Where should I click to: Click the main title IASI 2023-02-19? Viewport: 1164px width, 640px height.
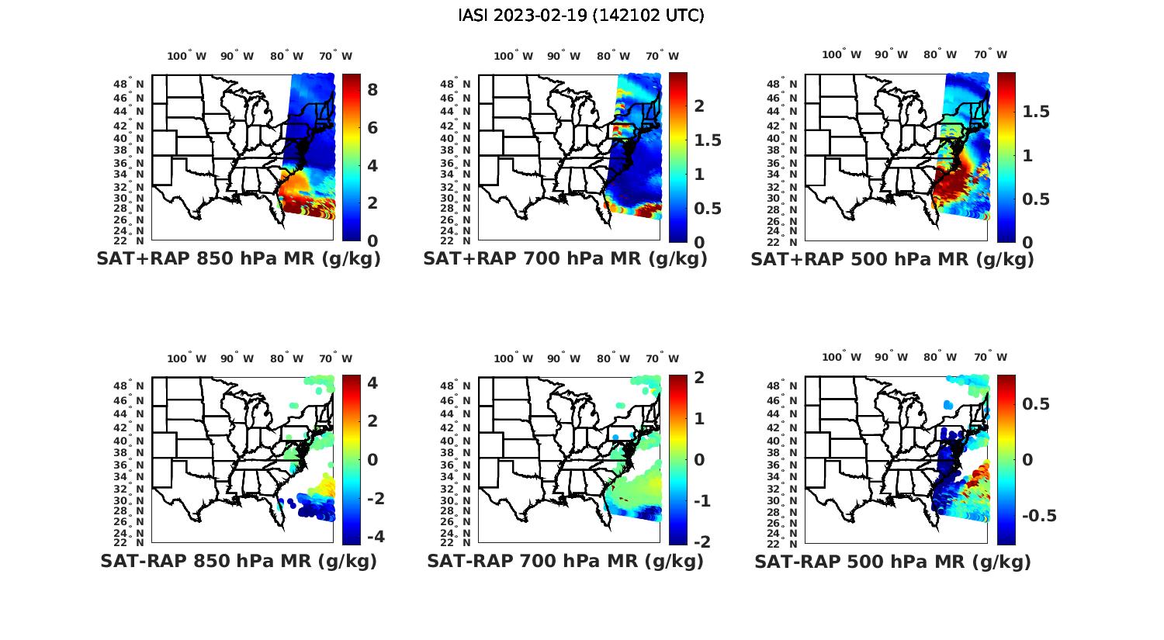click(x=581, y=16)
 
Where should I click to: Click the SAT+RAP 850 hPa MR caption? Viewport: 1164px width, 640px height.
click(x=238, y=259)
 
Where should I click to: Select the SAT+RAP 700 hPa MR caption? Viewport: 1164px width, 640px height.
click(x=565, y=259)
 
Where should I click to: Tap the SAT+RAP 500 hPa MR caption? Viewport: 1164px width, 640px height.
click(x=892, y=259)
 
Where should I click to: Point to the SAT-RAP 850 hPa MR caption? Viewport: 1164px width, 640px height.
click(x=238, y=561)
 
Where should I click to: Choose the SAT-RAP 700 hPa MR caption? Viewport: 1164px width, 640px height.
click(x=565, y=561)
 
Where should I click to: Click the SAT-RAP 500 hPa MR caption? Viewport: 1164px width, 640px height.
click(x=892, y=561)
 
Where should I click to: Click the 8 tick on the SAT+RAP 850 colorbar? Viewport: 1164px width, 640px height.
click(x=372, y=90)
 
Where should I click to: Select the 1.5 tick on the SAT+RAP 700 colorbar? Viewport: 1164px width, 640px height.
click(x=707, y=140)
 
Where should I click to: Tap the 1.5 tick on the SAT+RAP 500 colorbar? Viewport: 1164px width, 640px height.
click(x=1036, y=112)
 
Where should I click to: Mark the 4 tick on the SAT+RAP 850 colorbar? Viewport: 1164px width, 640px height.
click(x=372, y=165)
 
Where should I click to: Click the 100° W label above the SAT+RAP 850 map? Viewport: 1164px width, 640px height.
click(x=187, y=56)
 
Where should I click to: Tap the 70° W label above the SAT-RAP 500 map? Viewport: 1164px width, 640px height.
click(x=991, y=358)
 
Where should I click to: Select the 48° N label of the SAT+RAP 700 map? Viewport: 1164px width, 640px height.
click(x=455, y=84)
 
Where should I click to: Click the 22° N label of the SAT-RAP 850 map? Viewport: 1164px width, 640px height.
click(x=129, y=542)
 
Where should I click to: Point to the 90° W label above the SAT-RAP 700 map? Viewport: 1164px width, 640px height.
click(x=563, y=358)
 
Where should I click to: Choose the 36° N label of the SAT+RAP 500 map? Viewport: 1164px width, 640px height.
click(x=782, y=164)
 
